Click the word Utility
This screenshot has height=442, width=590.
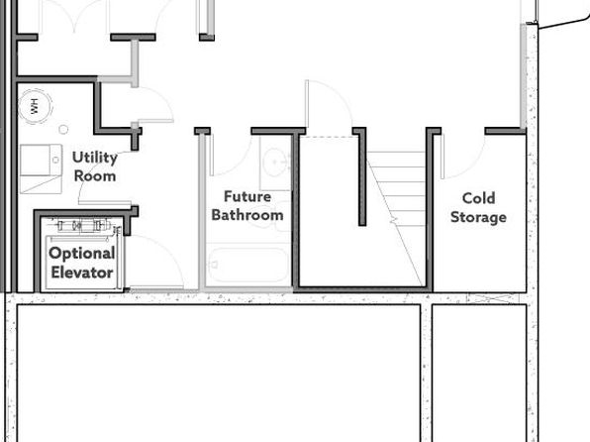(94, 158)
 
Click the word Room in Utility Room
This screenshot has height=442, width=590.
(95, 176)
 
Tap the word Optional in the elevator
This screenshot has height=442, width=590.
(82, 254)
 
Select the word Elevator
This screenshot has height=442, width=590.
(82, 273)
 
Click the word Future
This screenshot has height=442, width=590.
(247, 196)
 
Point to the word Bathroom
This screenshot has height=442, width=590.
(247, 215)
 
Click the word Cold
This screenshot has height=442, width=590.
(478, 198)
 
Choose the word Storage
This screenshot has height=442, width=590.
(478, 217)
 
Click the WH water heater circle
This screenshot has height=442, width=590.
(35, 106)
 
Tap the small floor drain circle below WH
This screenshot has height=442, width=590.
(63, 129)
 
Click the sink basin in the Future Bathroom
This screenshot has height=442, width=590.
(276, 162)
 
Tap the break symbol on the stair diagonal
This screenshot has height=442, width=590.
(394, 220)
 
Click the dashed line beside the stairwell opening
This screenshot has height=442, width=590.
(328, 137)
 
